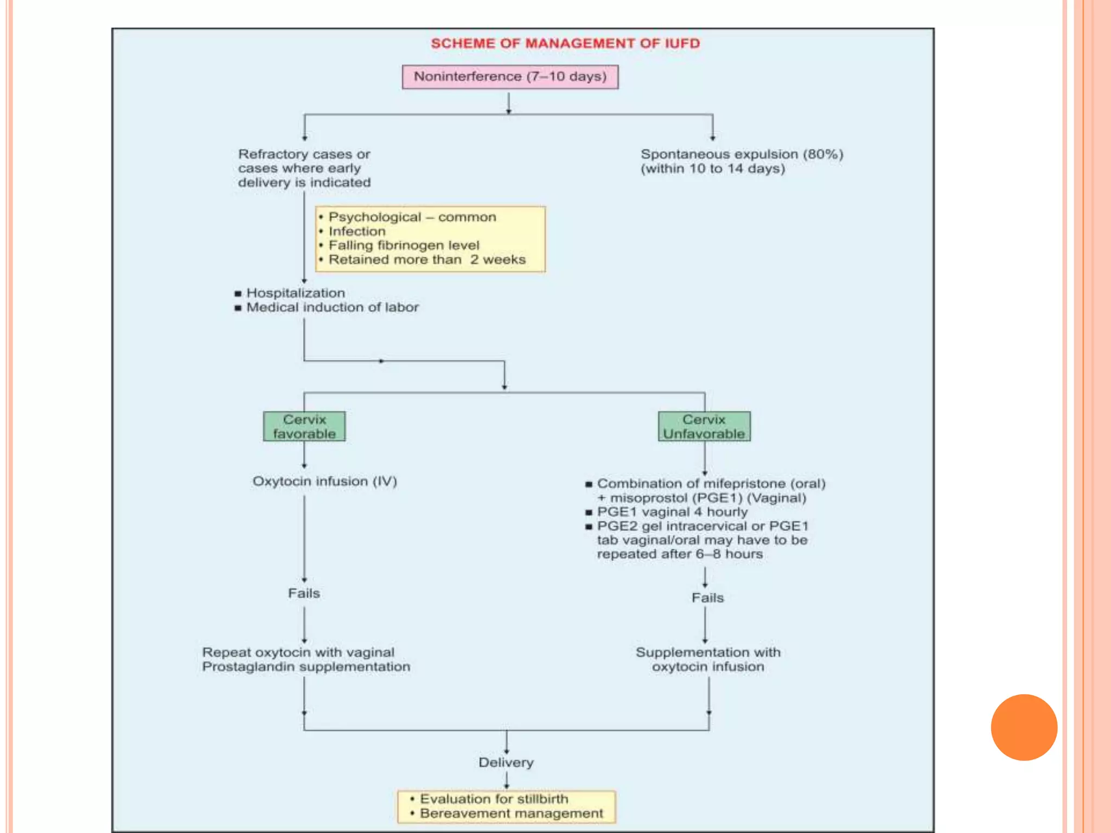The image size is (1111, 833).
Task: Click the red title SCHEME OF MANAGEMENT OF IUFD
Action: tap(565, 43)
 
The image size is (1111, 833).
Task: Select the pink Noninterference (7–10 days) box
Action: tap(510, 76)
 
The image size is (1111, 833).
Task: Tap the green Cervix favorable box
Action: tap(304, 426)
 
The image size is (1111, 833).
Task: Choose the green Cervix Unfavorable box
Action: tap(704, 426)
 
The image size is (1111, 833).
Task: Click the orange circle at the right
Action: tap(1024, 727)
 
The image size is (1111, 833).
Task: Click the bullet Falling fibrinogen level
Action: tap(404, 245)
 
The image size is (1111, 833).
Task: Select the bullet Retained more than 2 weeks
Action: tap(427, 260)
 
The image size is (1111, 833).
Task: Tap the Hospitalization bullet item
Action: tap(295, 293)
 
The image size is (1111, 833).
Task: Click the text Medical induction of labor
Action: tap(332, 307)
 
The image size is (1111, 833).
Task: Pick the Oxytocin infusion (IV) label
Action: tap(324, 481)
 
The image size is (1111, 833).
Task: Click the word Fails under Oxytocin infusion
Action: tap(304, 593)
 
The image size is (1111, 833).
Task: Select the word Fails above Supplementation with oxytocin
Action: tap(707, 598)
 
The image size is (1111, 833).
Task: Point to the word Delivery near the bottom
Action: tap(506, 762)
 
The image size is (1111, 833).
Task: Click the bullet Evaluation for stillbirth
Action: tap(494, 799)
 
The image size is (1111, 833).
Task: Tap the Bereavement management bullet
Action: tap(511, 813)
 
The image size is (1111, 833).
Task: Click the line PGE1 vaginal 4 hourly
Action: tap(672, 512)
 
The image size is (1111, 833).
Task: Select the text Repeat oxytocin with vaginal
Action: tap(298, 652)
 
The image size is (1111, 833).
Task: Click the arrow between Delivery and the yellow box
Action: tap(507, 780)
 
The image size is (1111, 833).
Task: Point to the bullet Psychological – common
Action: tap(412, 217)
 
